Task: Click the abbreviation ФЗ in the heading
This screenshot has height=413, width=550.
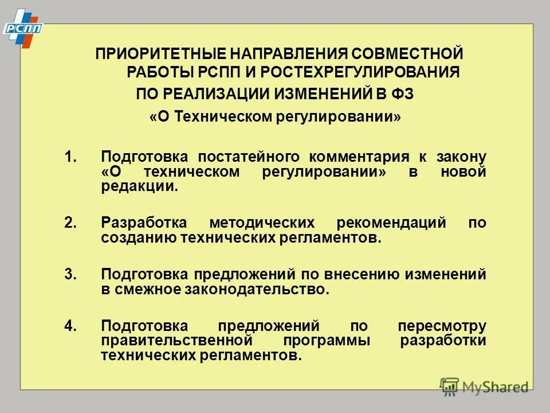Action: [x=401, y=93]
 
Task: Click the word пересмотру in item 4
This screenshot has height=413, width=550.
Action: [x=442, y=326]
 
